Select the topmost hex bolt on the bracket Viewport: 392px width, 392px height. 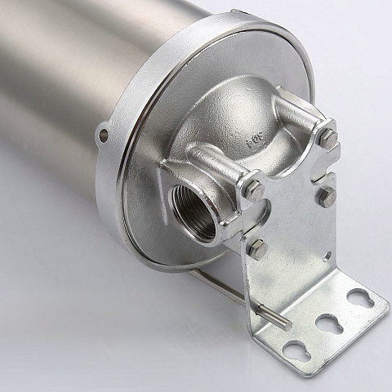coord(327,136)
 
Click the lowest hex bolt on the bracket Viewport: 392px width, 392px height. coord(257,250)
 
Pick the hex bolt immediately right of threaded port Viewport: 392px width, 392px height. coord(253,189)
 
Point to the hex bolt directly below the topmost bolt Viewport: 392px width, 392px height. coord(327,196)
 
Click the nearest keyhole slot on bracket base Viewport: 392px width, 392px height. coord(293,350)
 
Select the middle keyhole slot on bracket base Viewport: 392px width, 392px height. coord(328,323)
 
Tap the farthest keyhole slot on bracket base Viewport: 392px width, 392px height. coord(359,299)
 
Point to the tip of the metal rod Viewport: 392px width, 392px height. coord(288,326)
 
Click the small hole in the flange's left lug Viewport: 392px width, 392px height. coord(104,132)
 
